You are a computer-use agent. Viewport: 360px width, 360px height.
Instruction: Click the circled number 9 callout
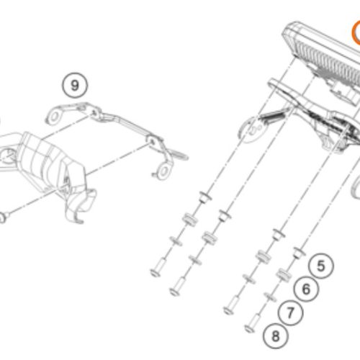[x=75, y=85]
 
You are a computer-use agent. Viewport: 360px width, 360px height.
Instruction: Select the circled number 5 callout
[x=321, y=266]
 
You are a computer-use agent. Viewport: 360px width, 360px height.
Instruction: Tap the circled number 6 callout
[x=306, y=289]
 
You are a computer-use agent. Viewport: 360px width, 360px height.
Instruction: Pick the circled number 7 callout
[x=290, y=312]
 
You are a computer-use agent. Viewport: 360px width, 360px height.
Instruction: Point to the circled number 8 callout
[x=275, y=336]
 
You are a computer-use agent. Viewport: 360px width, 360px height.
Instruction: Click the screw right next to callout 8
[x=253, y=323]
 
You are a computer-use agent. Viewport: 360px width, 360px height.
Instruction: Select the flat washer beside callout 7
[x=270, y=297]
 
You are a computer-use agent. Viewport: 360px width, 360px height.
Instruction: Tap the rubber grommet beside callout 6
[x=284, y=275]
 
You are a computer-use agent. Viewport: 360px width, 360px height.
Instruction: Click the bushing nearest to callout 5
[x=299, y=253]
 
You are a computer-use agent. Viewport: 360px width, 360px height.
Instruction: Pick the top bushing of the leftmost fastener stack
[x=205, y=197]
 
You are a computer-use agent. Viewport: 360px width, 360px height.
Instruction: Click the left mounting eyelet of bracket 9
[x=54, y=117]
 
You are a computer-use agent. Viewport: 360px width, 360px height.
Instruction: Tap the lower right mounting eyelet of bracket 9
[x=163, y=171]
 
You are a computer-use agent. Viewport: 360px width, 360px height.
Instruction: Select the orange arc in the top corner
[x=355, y=32]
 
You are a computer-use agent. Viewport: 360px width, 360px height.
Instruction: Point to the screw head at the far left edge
[x=3, y=218]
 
